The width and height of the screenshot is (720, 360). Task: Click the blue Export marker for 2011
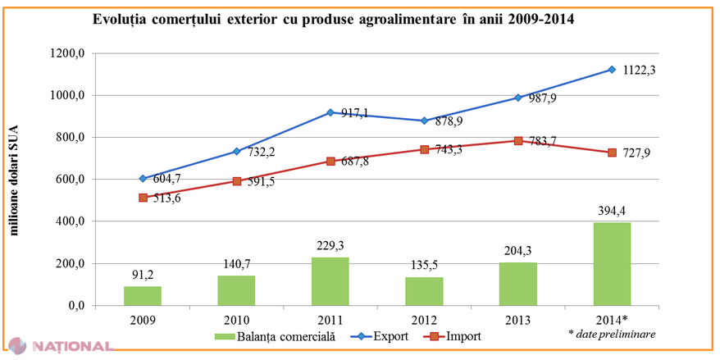click(330, 112)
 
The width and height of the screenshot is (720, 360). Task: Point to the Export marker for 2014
click(611, 70)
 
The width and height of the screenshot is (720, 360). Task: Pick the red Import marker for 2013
click(517, 141)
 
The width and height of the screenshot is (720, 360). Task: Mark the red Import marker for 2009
click(143, 198)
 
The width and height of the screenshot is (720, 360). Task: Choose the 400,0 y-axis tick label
click(71, 221)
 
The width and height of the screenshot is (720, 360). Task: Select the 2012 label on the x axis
click(424, 318)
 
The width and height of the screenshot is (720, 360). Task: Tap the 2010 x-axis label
click(236, 318)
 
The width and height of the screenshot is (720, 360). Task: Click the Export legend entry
click(374, 335)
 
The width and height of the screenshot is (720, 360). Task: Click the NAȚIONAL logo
click(61, 346)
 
